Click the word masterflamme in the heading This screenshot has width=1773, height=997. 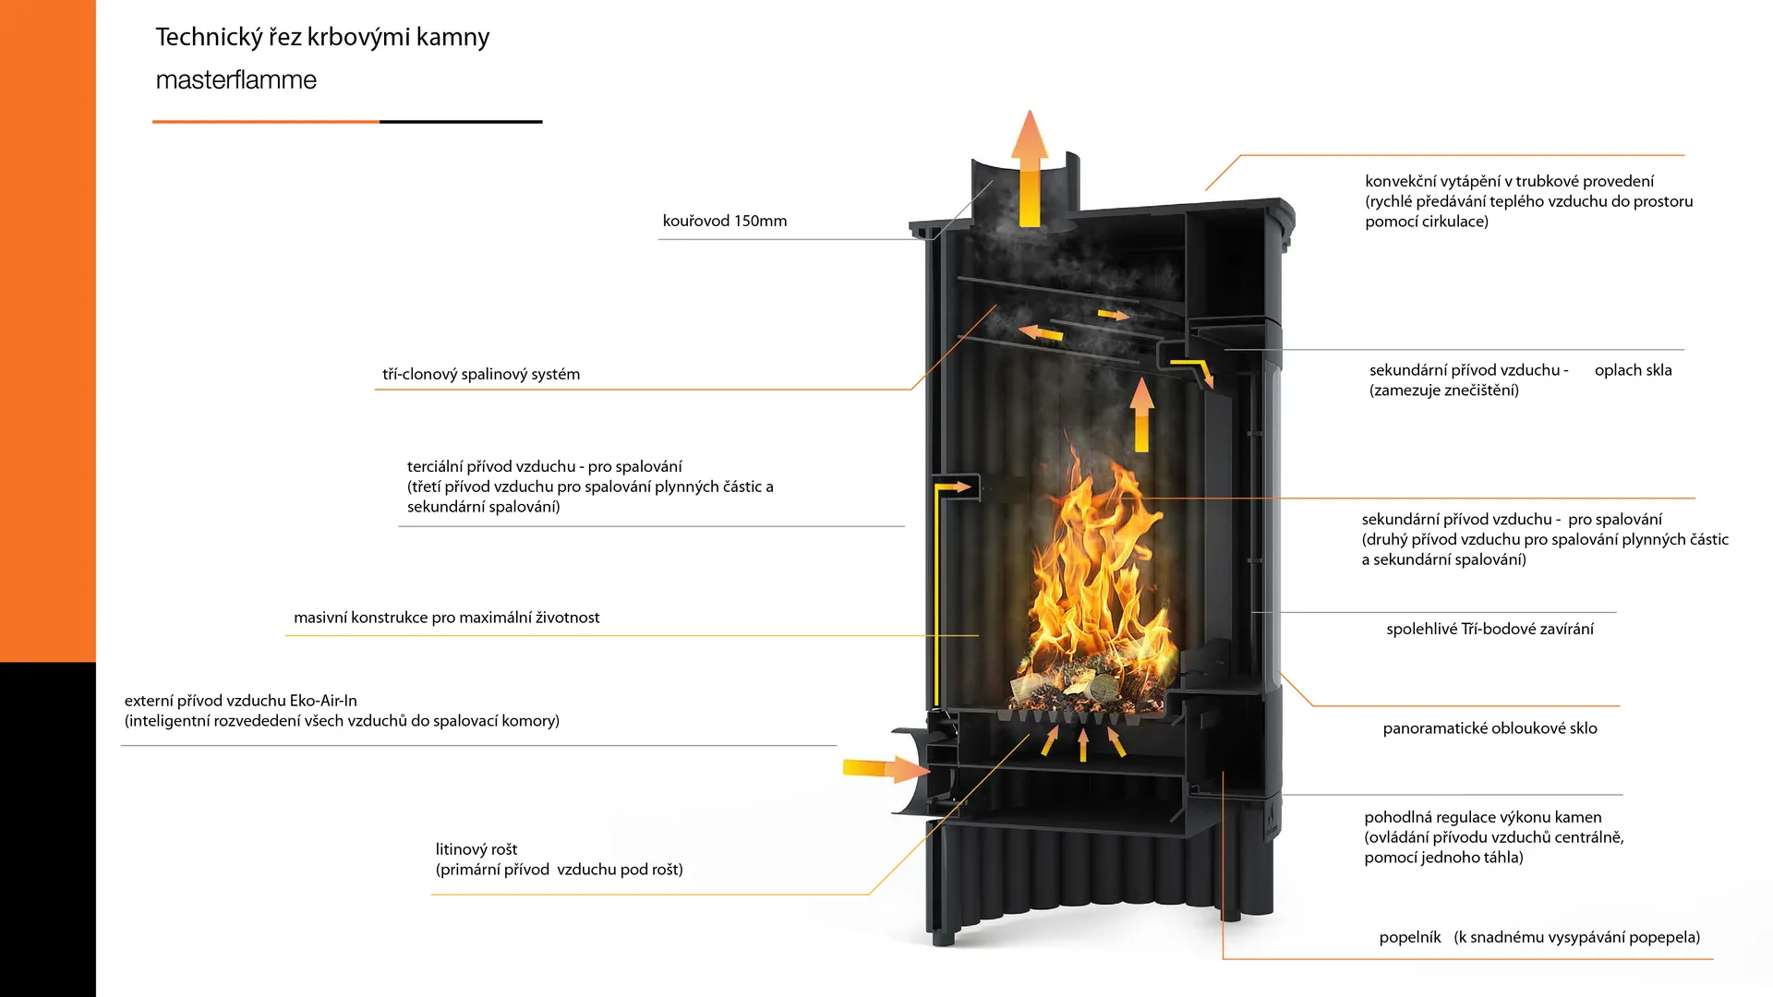point(235,80)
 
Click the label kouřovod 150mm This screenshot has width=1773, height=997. point(724,222)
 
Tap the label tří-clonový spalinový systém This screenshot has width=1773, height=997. point(481,375)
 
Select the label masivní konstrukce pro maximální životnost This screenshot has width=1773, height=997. point(446,618)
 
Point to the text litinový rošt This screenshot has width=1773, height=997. point(476,849)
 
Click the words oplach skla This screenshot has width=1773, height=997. point(1633,370)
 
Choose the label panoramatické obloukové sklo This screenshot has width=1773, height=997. point(1490,728)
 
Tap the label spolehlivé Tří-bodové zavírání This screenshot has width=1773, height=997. point(1490,630)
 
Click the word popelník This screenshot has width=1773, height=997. point(1409,938)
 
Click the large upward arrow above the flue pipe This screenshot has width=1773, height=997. point(1029,166)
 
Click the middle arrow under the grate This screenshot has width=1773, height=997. point(1083,744)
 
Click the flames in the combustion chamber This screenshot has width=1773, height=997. point(1099,582)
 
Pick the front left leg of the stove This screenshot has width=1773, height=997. point(942,932)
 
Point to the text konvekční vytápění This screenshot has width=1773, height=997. point(1430,182)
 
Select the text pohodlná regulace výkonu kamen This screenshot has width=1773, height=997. point(1482,818)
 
